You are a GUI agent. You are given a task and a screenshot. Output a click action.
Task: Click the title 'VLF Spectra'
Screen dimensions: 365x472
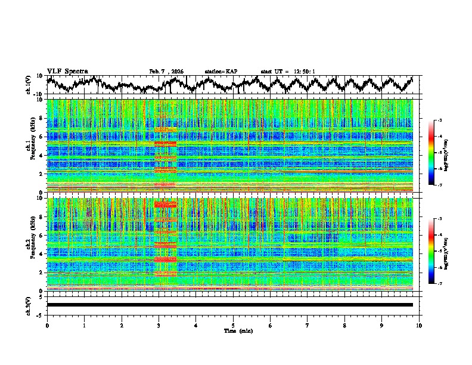[67, 71]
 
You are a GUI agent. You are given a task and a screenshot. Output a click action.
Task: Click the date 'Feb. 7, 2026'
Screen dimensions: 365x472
[166, 72]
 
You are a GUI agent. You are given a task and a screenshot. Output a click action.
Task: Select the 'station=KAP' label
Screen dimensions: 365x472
[221, 72]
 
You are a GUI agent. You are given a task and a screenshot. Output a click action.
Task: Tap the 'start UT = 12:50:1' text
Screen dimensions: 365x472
[288, 72]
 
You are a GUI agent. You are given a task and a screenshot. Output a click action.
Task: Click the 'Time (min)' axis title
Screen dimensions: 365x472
[233, 330]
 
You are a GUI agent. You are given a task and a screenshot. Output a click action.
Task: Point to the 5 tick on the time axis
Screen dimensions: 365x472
[233, 325]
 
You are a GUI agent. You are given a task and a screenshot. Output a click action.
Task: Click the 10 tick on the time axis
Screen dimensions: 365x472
[419, 325]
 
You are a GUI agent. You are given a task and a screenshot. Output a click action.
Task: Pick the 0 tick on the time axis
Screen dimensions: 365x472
[47, 325]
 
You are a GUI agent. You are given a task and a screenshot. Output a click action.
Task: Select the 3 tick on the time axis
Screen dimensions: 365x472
[159, 325]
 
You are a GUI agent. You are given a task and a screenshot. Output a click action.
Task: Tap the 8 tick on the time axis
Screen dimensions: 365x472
[344, 325]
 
